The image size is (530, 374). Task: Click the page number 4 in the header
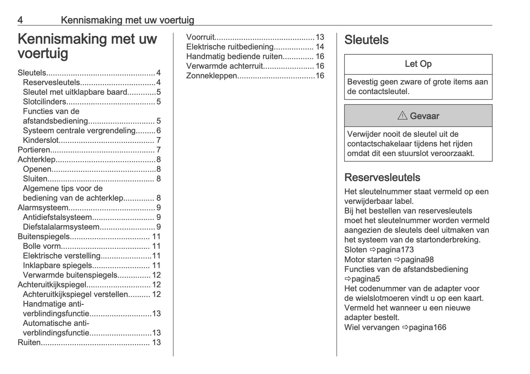coord(21,20)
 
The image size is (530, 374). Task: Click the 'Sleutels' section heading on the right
coord(366,40)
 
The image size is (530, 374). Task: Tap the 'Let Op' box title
coord(418,64)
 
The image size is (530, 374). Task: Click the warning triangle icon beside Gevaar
coord(402,116)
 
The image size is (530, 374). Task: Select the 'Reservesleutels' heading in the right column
coord(382,177)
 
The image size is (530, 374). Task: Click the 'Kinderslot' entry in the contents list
coord(41,140)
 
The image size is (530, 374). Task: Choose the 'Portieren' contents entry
coord(34,150)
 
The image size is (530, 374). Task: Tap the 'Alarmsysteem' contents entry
coord(43,208)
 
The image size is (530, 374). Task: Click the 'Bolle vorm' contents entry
coord(42,246)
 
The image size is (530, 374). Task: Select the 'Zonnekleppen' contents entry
coord(212,76)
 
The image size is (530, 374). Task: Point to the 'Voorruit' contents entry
coord(200,37)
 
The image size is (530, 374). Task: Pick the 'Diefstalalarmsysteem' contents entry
coord(61,227)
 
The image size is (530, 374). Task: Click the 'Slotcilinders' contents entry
coord(44,102)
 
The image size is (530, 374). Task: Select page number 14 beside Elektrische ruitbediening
coord(320,47)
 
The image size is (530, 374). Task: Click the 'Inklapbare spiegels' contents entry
coord(57,265)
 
